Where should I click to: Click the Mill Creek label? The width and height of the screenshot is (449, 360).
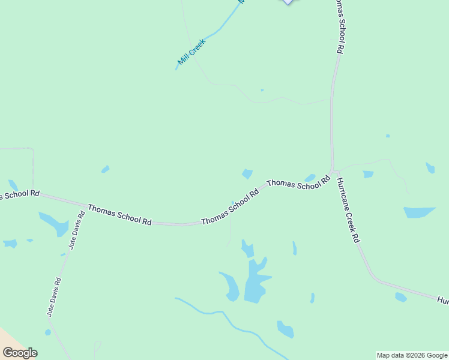coord(192,52)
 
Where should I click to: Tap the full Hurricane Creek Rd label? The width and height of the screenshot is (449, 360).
coord(348,211)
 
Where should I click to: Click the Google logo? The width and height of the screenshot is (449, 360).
coord(20,353)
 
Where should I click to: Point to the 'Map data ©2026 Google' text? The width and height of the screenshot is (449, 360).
coord(412,355)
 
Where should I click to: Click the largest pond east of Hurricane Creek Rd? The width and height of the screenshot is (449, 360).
coord(418,212)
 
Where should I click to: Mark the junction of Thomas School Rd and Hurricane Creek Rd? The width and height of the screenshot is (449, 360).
coord(332,170)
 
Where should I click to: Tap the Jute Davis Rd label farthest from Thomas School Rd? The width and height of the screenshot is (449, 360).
coord(54,296)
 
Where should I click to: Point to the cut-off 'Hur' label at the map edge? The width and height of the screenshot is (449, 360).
coord(442,299)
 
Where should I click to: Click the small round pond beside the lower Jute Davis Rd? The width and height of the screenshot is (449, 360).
coord(48,332)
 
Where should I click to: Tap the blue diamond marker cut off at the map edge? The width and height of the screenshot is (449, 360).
coord(289,2)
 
